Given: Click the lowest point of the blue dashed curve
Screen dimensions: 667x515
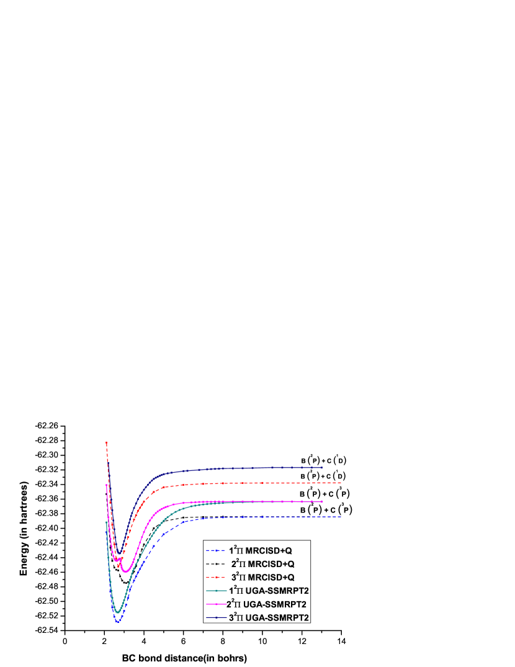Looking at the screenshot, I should coord(117,621).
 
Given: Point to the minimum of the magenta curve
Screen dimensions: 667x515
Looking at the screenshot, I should coord(125,571).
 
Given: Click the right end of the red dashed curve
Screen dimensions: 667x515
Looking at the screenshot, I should coord(341,482).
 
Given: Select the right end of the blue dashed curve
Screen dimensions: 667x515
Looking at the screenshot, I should coord(341,516).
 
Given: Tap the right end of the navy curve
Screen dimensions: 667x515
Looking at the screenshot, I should coord(322,467).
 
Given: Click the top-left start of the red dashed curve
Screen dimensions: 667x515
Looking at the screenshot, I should coord(107,442).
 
